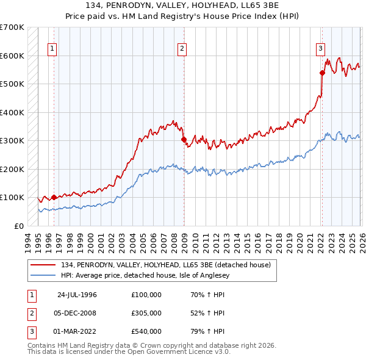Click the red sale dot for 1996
click(54, 197)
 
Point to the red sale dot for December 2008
click(184, 140)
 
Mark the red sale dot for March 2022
click(322, 73)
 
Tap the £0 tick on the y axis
click(19, 226)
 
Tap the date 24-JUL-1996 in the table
click(77, 295)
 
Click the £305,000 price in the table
click(146, 313)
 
